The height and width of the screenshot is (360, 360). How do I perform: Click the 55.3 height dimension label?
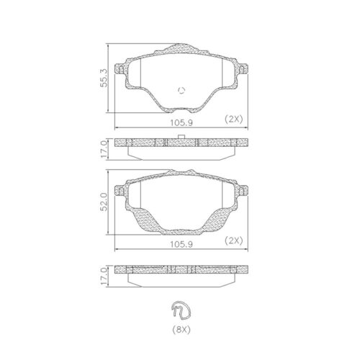[104, 78]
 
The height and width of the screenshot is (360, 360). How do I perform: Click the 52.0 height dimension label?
[104, 202]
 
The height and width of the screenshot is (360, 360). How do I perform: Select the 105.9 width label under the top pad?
[181, 123]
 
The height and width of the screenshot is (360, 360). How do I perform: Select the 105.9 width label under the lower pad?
[181, 244]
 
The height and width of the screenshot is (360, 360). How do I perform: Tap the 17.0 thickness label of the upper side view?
[104, 149]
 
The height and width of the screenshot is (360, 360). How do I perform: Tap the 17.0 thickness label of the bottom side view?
[104, 276]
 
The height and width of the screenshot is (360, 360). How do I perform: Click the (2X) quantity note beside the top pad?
[234, 119]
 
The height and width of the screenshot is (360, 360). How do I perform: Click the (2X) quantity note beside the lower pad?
[234, 240]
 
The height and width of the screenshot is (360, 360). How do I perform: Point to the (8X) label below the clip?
[181, 330]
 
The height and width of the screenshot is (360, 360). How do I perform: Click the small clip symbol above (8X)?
[181, 310]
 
